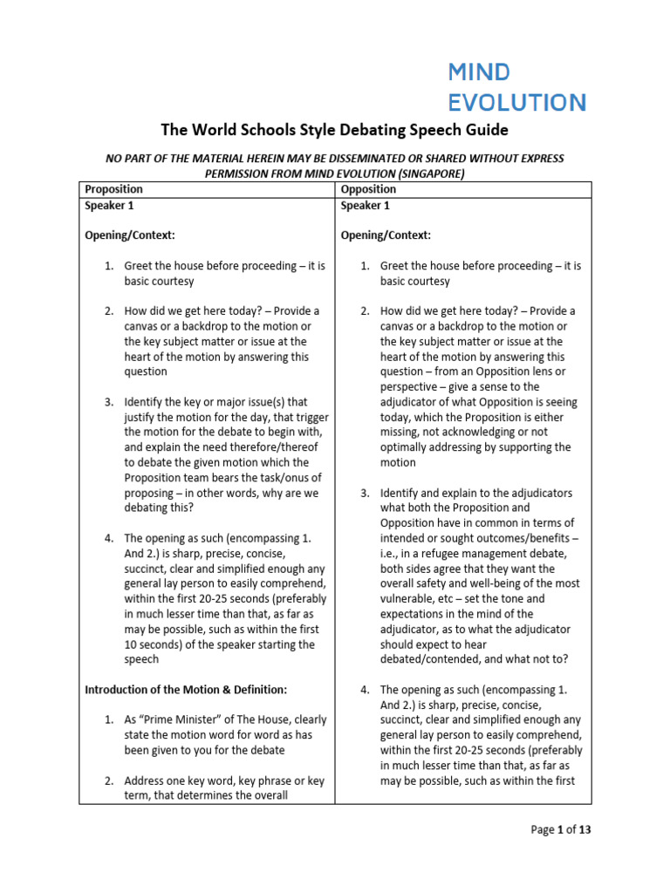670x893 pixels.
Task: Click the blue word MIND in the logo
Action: point(478,72)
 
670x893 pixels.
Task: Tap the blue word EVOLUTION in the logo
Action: point(516,102)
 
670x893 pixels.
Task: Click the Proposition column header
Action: point(113,189)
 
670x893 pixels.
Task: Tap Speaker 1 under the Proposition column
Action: point(109,206)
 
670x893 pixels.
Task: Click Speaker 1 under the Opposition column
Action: point(365,206)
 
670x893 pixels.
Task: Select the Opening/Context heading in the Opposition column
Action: point(385,235)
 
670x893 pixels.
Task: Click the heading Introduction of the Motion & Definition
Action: point(185,690)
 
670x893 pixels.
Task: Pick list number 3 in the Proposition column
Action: point(109,402)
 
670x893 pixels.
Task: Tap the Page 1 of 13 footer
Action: point(561,830)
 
